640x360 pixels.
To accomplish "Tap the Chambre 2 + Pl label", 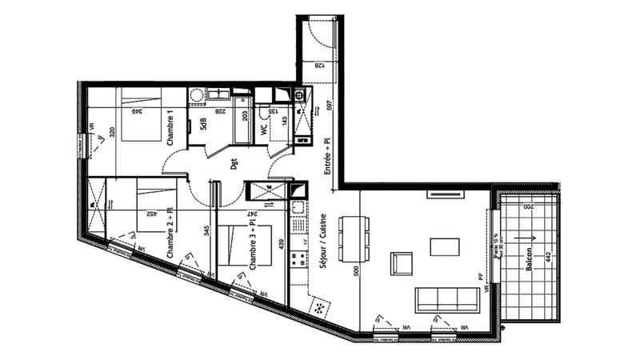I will coord(170,233).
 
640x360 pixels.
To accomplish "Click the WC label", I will coord(264,127).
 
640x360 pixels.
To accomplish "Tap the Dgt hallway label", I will coord(234,164).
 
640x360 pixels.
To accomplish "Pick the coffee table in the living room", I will coord(445,246).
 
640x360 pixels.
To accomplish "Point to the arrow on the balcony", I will coord(527,238).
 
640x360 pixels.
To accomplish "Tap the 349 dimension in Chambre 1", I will coord(138,111).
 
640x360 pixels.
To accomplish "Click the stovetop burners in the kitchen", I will coord(298,258).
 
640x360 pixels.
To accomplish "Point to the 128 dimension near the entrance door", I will coord(318,66).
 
